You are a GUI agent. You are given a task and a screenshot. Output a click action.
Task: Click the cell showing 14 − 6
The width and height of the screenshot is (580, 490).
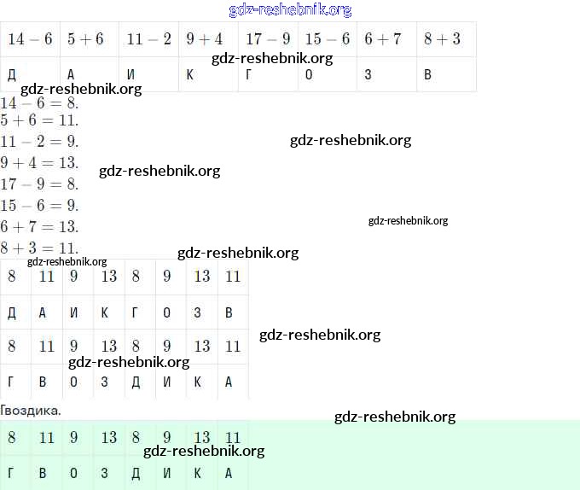tap(30, 39)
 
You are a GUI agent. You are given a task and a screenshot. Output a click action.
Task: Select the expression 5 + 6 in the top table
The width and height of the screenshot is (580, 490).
tap(85, 39)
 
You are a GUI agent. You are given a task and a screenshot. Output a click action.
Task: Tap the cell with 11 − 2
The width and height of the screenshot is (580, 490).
tap(148, 39)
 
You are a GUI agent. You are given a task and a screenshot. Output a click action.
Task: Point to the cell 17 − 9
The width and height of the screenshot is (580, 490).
tap(268, 39)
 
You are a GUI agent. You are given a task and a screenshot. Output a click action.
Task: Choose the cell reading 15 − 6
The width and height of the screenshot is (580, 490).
tap(328, 39)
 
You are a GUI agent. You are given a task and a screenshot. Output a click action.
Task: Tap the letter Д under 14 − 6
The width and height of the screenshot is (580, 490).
tap(12, 75)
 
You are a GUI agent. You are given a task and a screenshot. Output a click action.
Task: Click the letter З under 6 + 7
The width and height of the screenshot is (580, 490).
tap(368, 75)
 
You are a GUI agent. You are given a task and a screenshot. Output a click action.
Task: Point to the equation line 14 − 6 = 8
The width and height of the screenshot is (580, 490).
tap(39, 102)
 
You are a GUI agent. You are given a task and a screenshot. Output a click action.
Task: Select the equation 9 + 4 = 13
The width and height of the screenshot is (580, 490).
tap(39, 162)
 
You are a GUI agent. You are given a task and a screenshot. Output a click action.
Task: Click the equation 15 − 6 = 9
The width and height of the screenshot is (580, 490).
tap(39, 206)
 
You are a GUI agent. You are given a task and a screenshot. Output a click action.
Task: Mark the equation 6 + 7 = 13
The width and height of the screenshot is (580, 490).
tap(39, 227)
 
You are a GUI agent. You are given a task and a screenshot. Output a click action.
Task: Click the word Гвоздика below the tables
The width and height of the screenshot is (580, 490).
tap(31, 411)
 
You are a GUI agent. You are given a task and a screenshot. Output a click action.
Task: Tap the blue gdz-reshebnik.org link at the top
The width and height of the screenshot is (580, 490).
tap(290, 10)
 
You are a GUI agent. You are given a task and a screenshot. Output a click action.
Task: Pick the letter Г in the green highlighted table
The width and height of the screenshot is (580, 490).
tap(11, 473)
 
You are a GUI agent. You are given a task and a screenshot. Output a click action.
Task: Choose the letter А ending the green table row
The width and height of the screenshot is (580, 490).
tap(228, 473)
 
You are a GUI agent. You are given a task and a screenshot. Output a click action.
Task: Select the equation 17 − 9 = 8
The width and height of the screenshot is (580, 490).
tap(39, 184)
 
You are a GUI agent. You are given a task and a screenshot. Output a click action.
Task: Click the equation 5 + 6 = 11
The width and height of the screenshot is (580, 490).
tap(39, 121)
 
